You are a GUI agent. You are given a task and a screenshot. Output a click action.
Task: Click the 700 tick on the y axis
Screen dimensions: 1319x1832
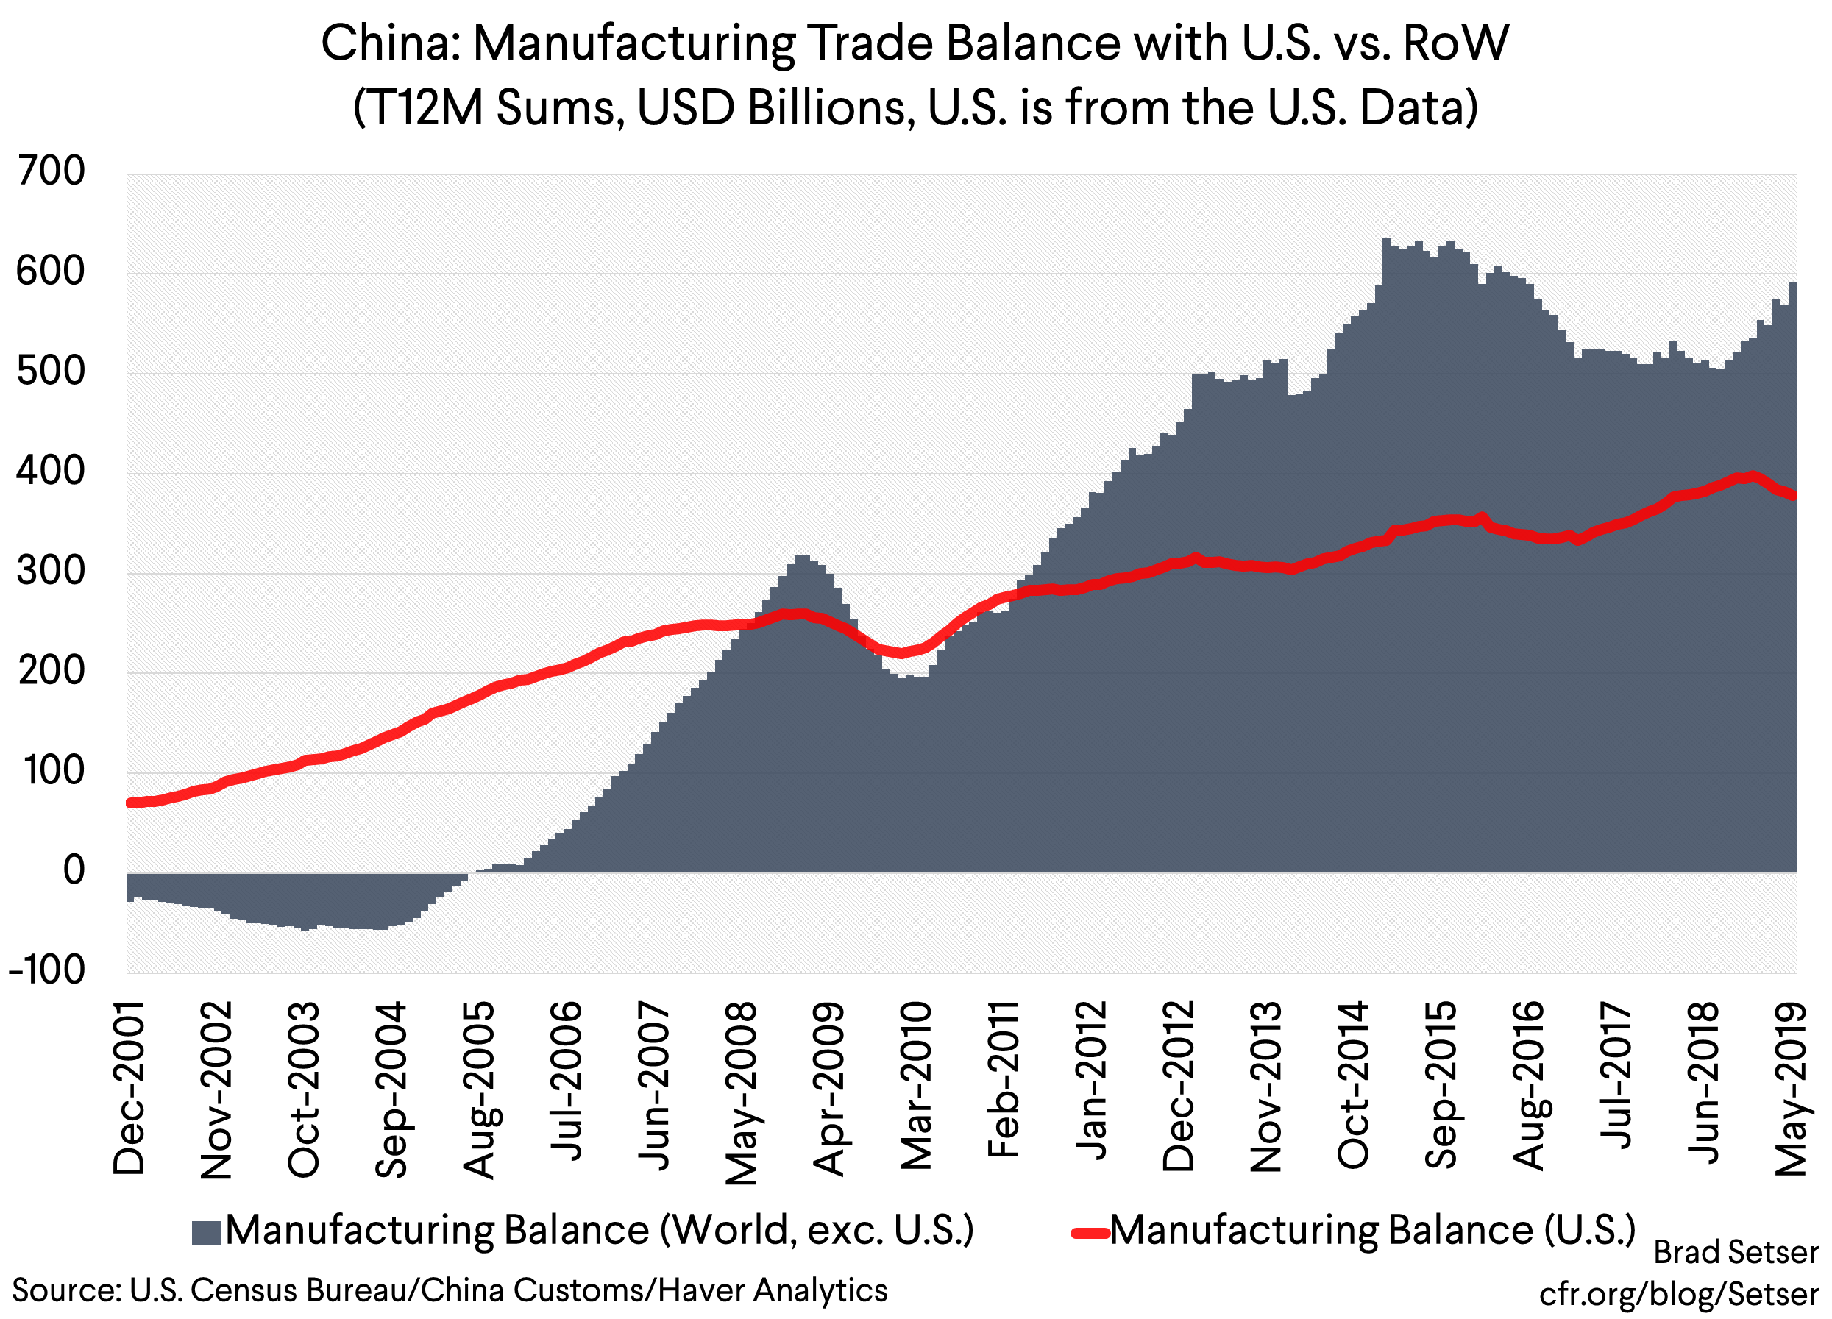[50, 172]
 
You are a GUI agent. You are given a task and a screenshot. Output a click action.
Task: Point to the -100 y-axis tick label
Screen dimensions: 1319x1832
[46, 970]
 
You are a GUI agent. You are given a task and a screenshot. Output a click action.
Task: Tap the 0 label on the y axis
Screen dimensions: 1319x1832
[74, 871]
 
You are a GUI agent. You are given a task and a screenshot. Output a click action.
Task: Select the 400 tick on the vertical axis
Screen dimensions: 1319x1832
[50, 472]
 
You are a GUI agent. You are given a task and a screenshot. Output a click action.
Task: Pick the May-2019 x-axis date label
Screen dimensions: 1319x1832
[1791, 1088]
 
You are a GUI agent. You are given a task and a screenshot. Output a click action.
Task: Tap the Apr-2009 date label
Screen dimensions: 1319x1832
[828, 1088]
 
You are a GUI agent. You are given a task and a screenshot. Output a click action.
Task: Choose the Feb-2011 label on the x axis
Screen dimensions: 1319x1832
[1004, 1080]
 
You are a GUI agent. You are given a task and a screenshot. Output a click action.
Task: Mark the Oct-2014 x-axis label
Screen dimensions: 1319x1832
[1353, 1085]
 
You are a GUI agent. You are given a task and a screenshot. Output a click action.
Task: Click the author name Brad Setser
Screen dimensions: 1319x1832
[1736, 1253]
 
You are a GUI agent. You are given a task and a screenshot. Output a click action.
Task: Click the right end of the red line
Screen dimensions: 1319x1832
[1793, 495]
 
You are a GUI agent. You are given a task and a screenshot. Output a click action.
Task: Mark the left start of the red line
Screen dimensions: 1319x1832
[131, 803]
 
